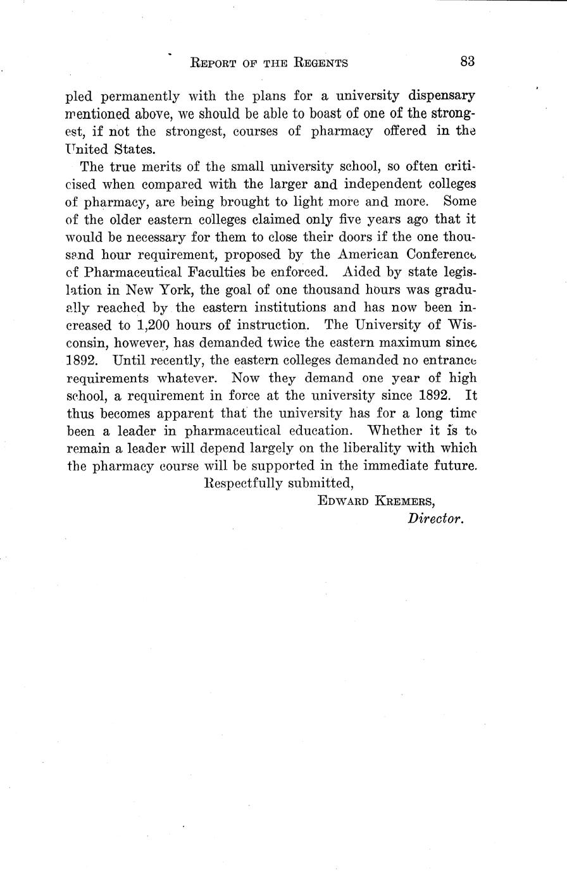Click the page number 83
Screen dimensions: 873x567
pos(468,61)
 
